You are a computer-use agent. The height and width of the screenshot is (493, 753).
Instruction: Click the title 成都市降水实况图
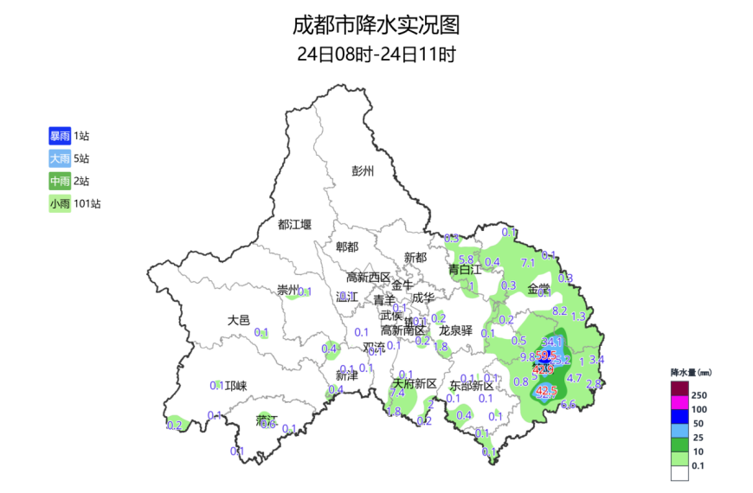[x=376, y=23]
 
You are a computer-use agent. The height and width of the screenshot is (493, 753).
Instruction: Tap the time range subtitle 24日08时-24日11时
[x=376, y=54]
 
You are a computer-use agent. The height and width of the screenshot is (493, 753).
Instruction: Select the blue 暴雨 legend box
[x=60, y=136]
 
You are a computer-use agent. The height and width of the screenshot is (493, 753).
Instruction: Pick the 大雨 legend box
[x=60, y=158]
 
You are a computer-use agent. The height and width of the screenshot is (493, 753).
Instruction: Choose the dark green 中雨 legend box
[x=60, y=181]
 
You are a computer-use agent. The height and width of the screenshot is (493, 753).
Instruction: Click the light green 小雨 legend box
[x=60, y=204]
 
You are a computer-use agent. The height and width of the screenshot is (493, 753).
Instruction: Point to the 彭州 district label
[x=363, y=170]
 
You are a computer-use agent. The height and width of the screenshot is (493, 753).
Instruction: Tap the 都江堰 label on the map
[x=294, y=225]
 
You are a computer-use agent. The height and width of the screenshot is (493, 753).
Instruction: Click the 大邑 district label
[x=238, y=320]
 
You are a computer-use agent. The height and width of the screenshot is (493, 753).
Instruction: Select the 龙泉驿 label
[x=455, y=330]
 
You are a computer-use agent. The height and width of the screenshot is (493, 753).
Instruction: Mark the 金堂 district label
[x=538, y=288]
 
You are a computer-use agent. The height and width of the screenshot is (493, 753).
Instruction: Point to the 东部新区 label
[x=471, y=386]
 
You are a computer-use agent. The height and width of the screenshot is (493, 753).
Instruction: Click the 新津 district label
[x=346, y=375]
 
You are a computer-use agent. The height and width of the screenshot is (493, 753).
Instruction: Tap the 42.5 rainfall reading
[x=546, y=391]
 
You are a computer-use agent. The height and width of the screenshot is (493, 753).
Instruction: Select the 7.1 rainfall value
[x=528, y=263]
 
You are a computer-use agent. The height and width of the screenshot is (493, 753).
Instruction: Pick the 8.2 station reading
[x=559, y=311]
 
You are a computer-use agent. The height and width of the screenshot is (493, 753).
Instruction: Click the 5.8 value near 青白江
[x=466, y=259]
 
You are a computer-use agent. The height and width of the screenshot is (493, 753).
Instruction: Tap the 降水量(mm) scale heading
[x=692, y=371]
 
